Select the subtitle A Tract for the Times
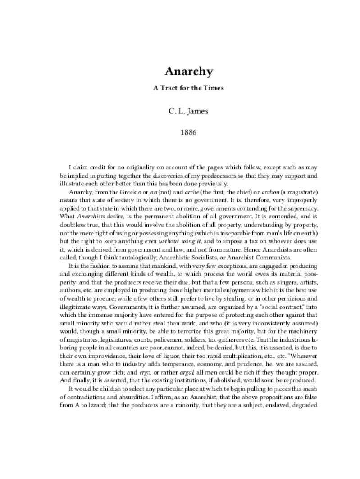pos(188,88)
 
